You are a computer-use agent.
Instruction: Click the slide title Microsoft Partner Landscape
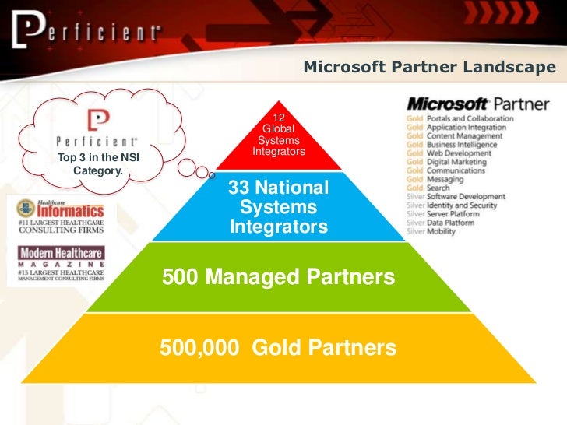429,68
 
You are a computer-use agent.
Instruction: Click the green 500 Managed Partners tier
278,277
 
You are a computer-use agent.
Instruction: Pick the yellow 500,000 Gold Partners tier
278,347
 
